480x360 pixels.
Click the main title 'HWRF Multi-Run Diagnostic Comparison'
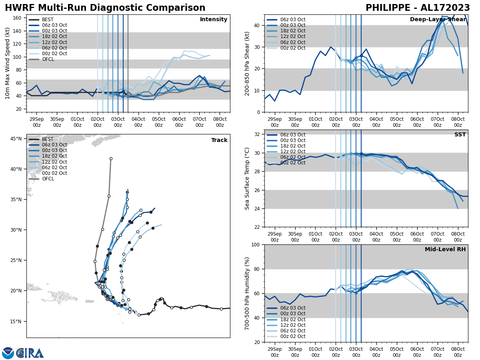(105, 8)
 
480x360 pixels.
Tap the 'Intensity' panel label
(214, 20)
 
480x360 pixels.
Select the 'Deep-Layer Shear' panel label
(438, 20)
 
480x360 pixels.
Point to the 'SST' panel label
(460, 135)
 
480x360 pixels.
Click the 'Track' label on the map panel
(219, 140)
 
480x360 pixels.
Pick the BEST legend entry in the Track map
(48, 139)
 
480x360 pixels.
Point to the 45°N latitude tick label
(16, 139)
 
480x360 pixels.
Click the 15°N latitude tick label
(16, 321)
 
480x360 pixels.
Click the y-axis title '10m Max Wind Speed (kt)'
(8, 63)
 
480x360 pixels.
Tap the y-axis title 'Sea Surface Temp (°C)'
(247, 178)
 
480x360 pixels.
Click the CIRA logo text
(30, 353)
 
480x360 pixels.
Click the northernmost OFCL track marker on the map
(111, 158)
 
